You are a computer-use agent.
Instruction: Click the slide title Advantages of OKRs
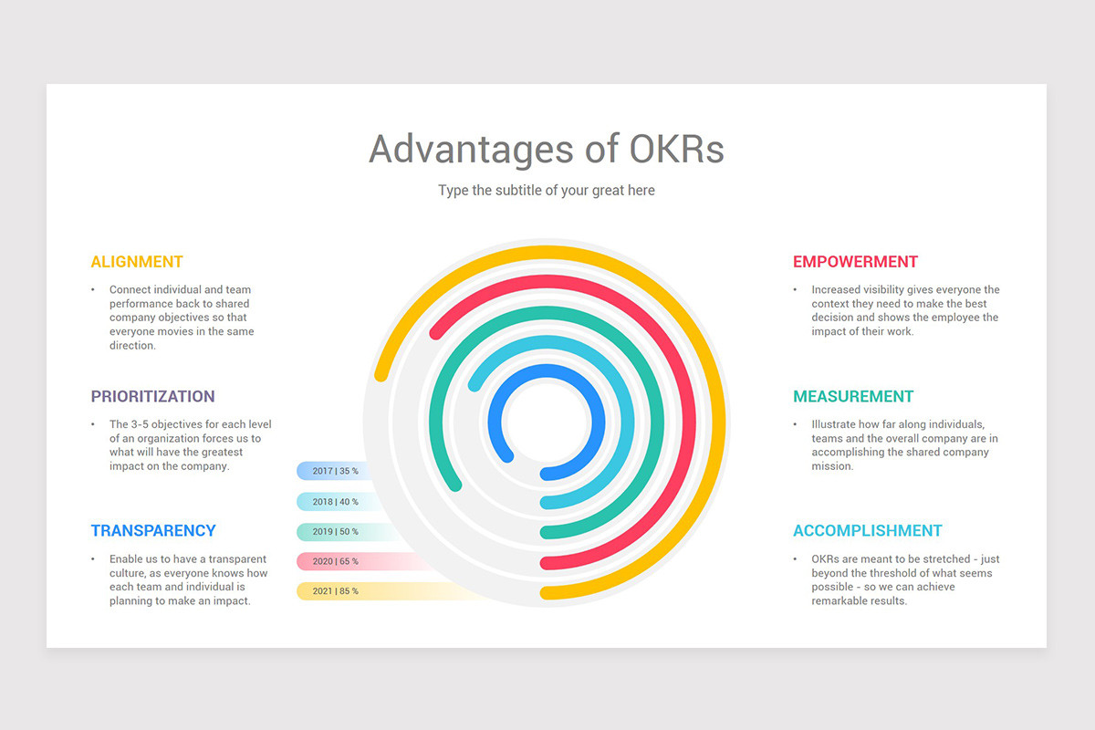click(546, 149)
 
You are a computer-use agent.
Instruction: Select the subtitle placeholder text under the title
click(546, 191)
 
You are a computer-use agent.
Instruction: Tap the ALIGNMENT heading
click(137, 262)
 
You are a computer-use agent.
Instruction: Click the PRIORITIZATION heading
click(152, 397)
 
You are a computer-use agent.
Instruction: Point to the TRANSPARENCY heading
click(153, 531)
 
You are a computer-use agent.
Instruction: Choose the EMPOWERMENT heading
click(855, 262)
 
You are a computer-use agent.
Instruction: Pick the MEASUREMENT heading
click(853, 397)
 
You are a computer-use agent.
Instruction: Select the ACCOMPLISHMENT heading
click(867, 531)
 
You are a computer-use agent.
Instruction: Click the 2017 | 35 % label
click(335, 471)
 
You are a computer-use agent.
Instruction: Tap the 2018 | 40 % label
click(335, 501)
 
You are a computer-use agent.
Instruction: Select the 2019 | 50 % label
click(335, 531)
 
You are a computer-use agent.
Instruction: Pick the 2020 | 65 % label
click(335, 561)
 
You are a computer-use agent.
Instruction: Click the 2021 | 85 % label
click(335, 591)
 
